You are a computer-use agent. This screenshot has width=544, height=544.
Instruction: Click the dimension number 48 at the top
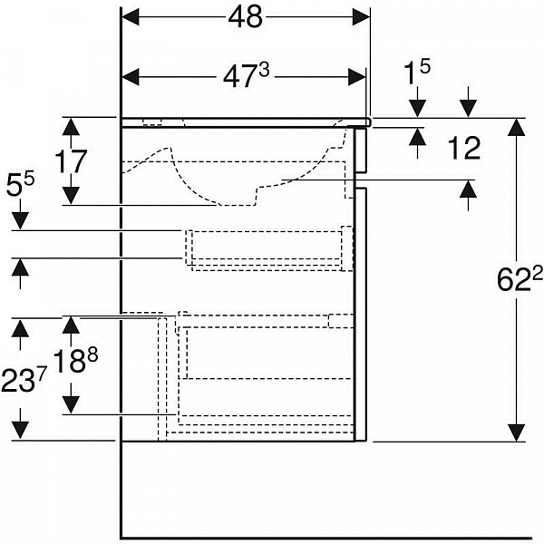245,17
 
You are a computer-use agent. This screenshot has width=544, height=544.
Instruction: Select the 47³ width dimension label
246,75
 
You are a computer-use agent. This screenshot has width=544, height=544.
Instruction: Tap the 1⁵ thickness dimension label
417,72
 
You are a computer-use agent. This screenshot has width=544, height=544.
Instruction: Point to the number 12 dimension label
464,148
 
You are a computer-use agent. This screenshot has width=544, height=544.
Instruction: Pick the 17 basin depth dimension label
71,161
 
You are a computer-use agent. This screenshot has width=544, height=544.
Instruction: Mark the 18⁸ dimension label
76,361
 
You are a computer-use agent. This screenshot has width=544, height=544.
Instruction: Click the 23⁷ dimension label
24,380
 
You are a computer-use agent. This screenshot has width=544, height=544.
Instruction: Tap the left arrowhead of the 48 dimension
131,17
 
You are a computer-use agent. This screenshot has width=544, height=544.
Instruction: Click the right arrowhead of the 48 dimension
361,17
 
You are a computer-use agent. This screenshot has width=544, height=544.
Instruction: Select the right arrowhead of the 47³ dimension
356,77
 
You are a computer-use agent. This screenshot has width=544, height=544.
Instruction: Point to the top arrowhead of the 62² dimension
517,127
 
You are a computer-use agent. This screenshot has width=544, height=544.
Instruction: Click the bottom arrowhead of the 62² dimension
517,433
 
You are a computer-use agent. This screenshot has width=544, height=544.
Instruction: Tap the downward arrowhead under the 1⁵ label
417,109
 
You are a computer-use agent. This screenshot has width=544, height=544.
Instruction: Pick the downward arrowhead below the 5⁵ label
20,221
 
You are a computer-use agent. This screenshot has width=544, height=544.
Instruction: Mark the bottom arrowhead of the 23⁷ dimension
20,430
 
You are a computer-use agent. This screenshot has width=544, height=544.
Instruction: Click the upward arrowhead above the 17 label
71,127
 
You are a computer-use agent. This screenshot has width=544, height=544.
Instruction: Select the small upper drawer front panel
361,151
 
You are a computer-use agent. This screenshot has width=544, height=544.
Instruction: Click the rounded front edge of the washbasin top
369,121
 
